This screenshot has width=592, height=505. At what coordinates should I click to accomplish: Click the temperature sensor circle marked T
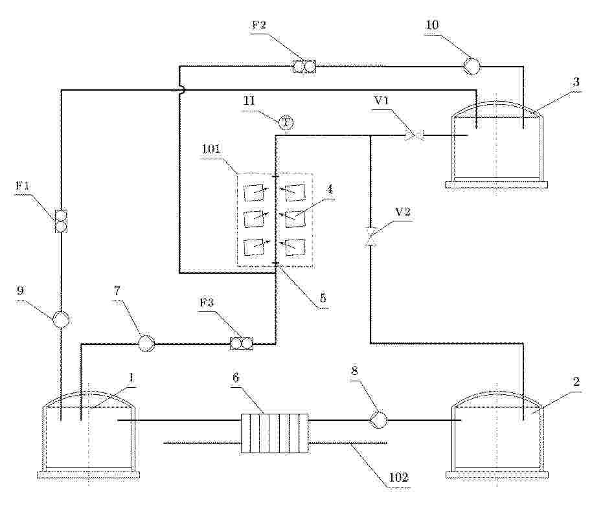pyautogui.click(x=286, y=122)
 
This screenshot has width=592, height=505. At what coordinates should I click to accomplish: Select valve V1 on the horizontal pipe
pyautogui.click(x=414, y=135)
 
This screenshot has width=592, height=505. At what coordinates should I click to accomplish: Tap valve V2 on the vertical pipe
pyautogui.click(x=370, y=237)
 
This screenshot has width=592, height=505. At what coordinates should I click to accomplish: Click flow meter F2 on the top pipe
pyautogui.click(x=304, y=67)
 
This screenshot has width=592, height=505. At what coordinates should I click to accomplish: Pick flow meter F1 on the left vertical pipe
pyautogui.click(x=61, y=221)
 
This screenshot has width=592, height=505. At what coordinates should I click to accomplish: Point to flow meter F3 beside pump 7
pyautogui.click(x=241, y=343)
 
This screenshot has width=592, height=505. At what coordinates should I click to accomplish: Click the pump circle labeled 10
pyautogui.click(x=472, y=67)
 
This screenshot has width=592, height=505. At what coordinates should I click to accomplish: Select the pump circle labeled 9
pyautogui.click(x=61, y=320)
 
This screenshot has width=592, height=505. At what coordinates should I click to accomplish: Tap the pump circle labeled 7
pyautogui.click(x=146, y=343)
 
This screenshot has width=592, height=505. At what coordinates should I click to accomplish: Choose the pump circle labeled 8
pyautogui.click(x=378, y=420)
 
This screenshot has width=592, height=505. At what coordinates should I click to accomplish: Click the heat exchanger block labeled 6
pyautogui.click(x=275, y=433)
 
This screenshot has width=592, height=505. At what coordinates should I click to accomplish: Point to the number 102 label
pyautogui.click(x=399, y=478)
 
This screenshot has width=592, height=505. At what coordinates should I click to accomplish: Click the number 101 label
pyautogui.click(x=211, y=148)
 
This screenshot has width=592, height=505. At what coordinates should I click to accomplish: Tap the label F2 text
pyautogui.click(x=259, y=25)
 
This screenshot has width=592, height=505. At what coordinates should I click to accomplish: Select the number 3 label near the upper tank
pyautogui.click(x=576, y=82)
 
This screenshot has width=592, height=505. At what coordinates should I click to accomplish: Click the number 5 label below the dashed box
pyautogui.click(x=323, y=298)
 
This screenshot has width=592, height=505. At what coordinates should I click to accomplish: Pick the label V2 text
pyautogui.click(x=402, y=212)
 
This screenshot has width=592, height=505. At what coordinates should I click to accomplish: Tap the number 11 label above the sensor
pyautogui.click(x=249, y=101)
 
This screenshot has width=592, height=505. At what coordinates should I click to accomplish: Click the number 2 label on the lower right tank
pyautogui.click(x=576, y=381)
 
